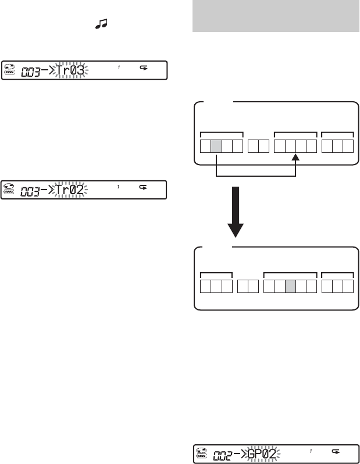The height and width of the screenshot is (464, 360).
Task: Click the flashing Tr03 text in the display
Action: (x=70, y=70)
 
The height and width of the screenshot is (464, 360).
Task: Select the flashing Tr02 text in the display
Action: (x=70, y=190)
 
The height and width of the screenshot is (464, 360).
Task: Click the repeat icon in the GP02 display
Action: (x=336, y=450)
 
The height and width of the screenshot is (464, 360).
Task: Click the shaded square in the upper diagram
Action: (x=216, y=145)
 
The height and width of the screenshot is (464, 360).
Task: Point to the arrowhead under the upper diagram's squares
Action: (x=295, y=157)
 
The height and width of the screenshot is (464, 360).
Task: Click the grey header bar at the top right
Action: (x=275, y=17)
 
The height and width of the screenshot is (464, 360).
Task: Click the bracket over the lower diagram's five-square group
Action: (x=290, y=272)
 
